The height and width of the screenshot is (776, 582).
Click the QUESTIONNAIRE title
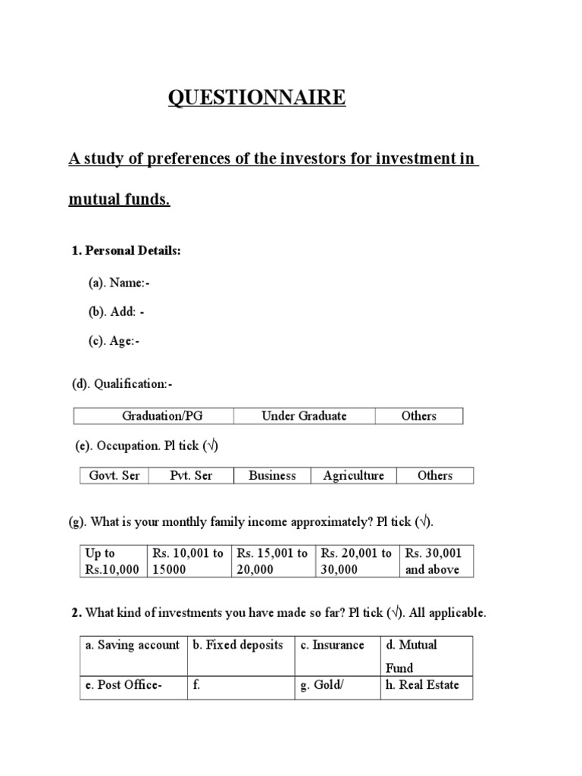pos(256,98)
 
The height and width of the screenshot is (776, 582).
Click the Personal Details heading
pos(126,251)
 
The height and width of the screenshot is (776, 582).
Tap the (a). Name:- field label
pos(119,283)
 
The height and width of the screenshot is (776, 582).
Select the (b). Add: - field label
pos(116,311)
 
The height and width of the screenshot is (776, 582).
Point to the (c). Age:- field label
pos(114,341)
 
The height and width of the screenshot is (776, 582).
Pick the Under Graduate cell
pos(304,415)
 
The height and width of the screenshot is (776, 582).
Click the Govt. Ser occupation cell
pos(114,475)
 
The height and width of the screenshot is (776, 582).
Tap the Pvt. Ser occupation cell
pos(191,475)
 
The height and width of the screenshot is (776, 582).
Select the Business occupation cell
pos(272,475)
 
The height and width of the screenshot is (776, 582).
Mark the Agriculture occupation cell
pos(353,475)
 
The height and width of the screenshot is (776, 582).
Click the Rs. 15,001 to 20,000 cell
pos(272,562)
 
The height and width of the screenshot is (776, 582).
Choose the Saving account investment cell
pos(133,645)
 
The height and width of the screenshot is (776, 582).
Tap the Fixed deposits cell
pos(239,645)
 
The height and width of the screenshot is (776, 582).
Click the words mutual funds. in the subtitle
pos(120,201)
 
